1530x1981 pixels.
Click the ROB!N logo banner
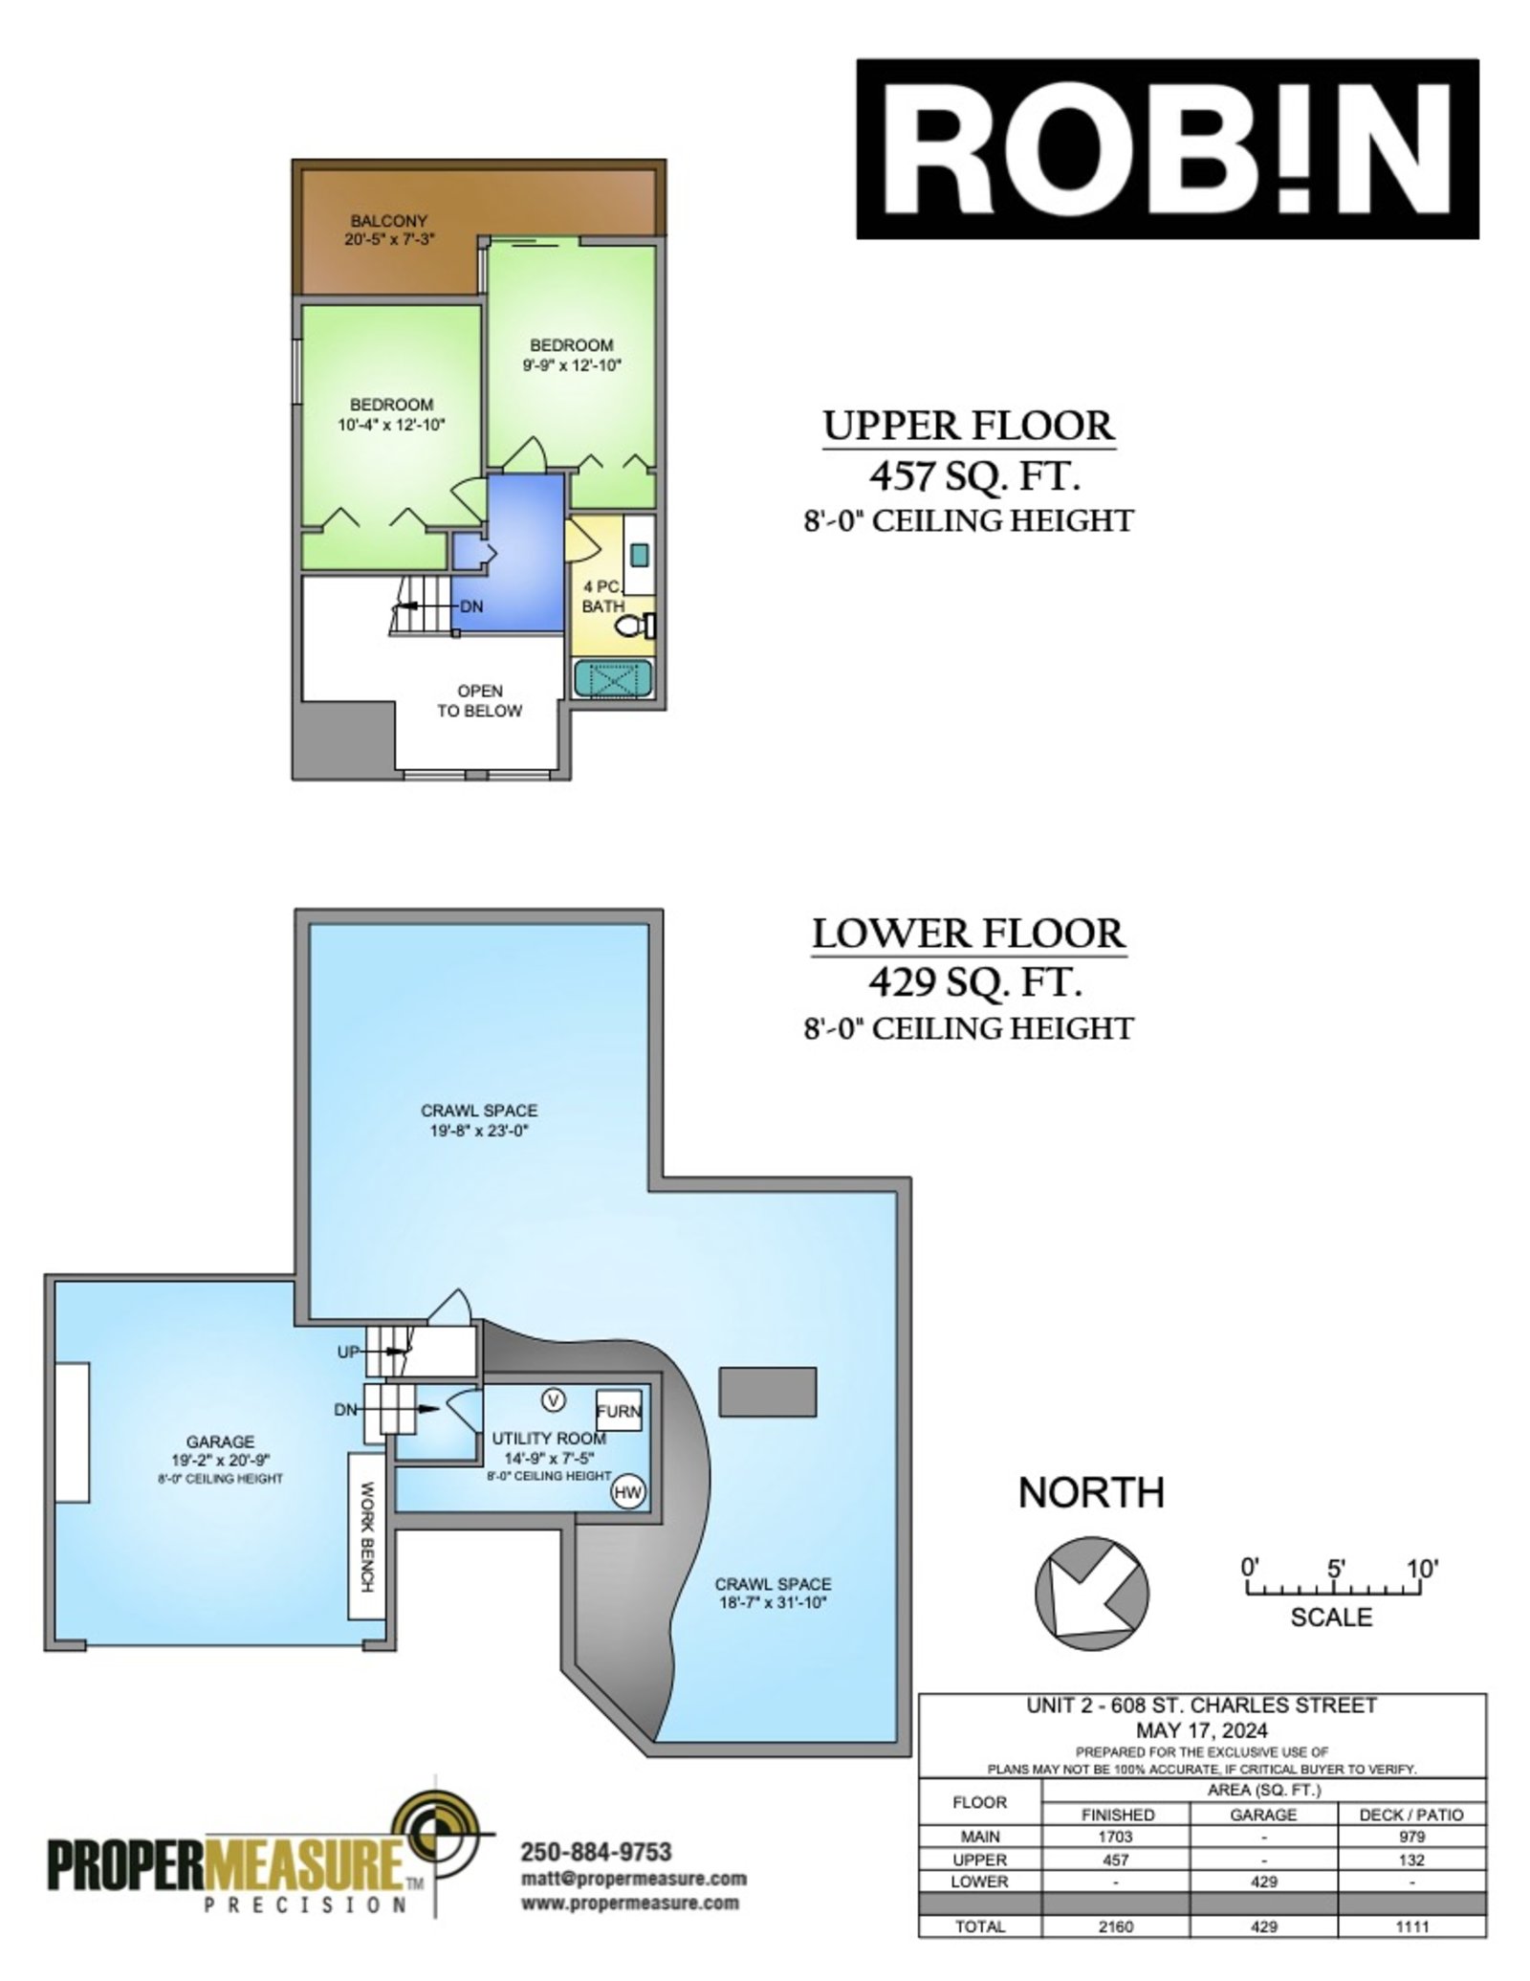(x=1167, y=148)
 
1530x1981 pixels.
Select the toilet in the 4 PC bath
(x=634, y=627)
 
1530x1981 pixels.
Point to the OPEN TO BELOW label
(x=479, y=700)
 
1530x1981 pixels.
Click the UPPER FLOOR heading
(x=970, y=426)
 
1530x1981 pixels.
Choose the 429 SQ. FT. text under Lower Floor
(x=974, y=979)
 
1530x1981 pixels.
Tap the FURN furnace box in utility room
(x=619, y=1411)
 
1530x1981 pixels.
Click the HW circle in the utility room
(x=627, y=1491)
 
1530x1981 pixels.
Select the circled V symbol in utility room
(x=553, y=1399)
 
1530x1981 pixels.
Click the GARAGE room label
(x=220, y=1442)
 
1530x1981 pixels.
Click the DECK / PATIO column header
(x=1410, y=1815)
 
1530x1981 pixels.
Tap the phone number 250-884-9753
(x=595, y=1852)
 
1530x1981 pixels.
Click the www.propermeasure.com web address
(x=629, y=1903)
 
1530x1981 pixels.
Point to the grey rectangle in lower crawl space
(x=768, y=1392)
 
